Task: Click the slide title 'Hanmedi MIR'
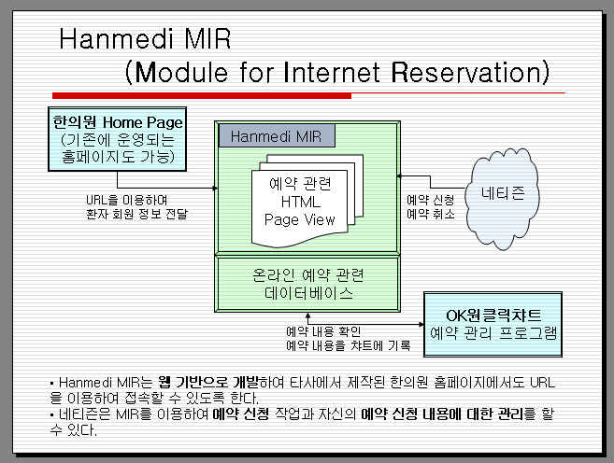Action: (x=145, y=38)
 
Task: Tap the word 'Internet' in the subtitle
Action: (x=331, y=72)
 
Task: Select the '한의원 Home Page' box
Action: (x=117, y=139)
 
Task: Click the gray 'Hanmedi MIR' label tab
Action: (x=277, y=135)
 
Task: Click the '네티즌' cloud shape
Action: (x=502, y=198)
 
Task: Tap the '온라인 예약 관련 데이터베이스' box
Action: (x=307, y=284)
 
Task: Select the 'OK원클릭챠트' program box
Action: (x=493, y=324)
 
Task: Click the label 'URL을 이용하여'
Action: (x=126, y=200)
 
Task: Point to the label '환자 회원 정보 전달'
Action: (x=137, y=214)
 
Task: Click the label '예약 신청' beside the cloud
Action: (x=430, y=200)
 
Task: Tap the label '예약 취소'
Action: (x=430, y=214)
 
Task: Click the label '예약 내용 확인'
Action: (x=323, y=331)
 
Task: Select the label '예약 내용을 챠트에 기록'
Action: (x=348, y=345)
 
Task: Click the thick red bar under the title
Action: (x=202, y=95)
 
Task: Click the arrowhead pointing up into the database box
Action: (x=307, y=316)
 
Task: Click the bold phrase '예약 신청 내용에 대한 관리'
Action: (x=442, y=414)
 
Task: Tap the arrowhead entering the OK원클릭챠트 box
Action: (x=421, y=324)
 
